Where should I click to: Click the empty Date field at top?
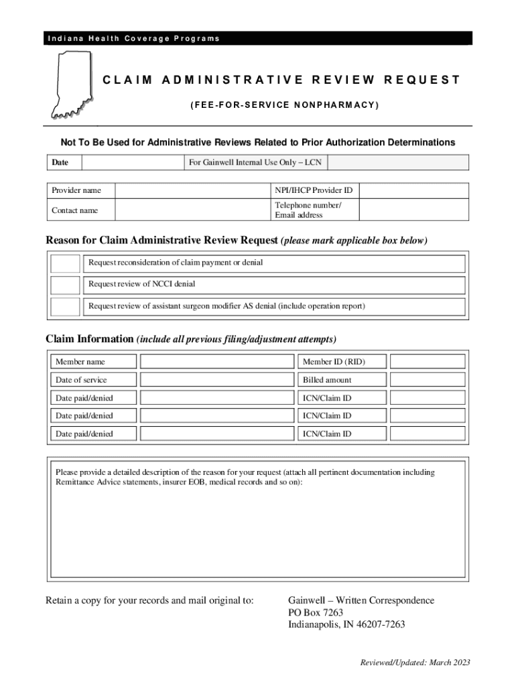tap(131, 162)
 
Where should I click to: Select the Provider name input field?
tap(191, 191)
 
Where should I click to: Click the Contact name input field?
tap(191, 210)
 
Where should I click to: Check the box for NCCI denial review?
tap(66, 285)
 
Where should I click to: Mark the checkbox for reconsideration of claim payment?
tap(66, 263)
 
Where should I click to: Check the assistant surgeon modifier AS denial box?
tap(66, 307)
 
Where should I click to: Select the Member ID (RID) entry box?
tap(427, 362)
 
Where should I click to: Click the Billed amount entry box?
tap(427, 380)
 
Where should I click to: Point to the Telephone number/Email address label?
tap(308, 210)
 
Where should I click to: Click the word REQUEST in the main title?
tap(422, 80)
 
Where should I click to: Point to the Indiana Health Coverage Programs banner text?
tap(133, 38)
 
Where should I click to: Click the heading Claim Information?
tap(90, 338)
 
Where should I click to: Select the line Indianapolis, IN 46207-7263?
tap(346, 625)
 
